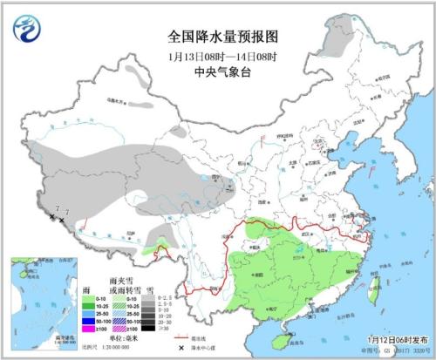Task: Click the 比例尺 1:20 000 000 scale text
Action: (x=114, y=347)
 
